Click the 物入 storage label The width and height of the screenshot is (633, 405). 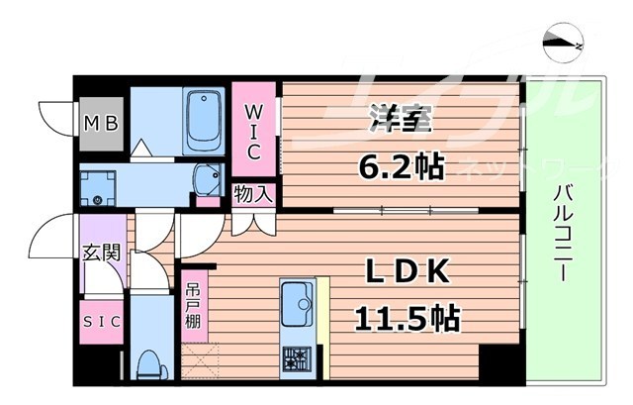[252, 193]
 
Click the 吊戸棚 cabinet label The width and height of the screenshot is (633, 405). [194, 308]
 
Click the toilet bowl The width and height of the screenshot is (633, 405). [151, 363]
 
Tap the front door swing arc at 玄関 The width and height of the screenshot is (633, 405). [51, 243]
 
